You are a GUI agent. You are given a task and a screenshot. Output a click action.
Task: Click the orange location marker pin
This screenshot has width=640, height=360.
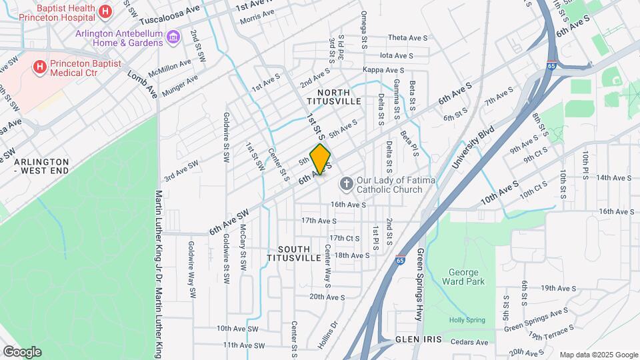point(321,159)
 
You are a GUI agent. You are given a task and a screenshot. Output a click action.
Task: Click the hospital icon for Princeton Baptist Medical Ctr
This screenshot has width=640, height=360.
point(39,67)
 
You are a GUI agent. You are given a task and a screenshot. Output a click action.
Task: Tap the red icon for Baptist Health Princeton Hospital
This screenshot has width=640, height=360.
point(105,11)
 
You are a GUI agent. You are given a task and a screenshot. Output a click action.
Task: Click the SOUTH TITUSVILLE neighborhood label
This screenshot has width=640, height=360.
point(294,253)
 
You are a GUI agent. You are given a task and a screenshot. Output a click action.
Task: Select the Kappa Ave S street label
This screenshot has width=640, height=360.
point(383,70)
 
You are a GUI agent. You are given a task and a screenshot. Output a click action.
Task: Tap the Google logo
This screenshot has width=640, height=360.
point(22,351)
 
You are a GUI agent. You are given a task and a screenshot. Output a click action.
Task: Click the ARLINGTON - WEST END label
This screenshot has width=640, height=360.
point(41,167)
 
